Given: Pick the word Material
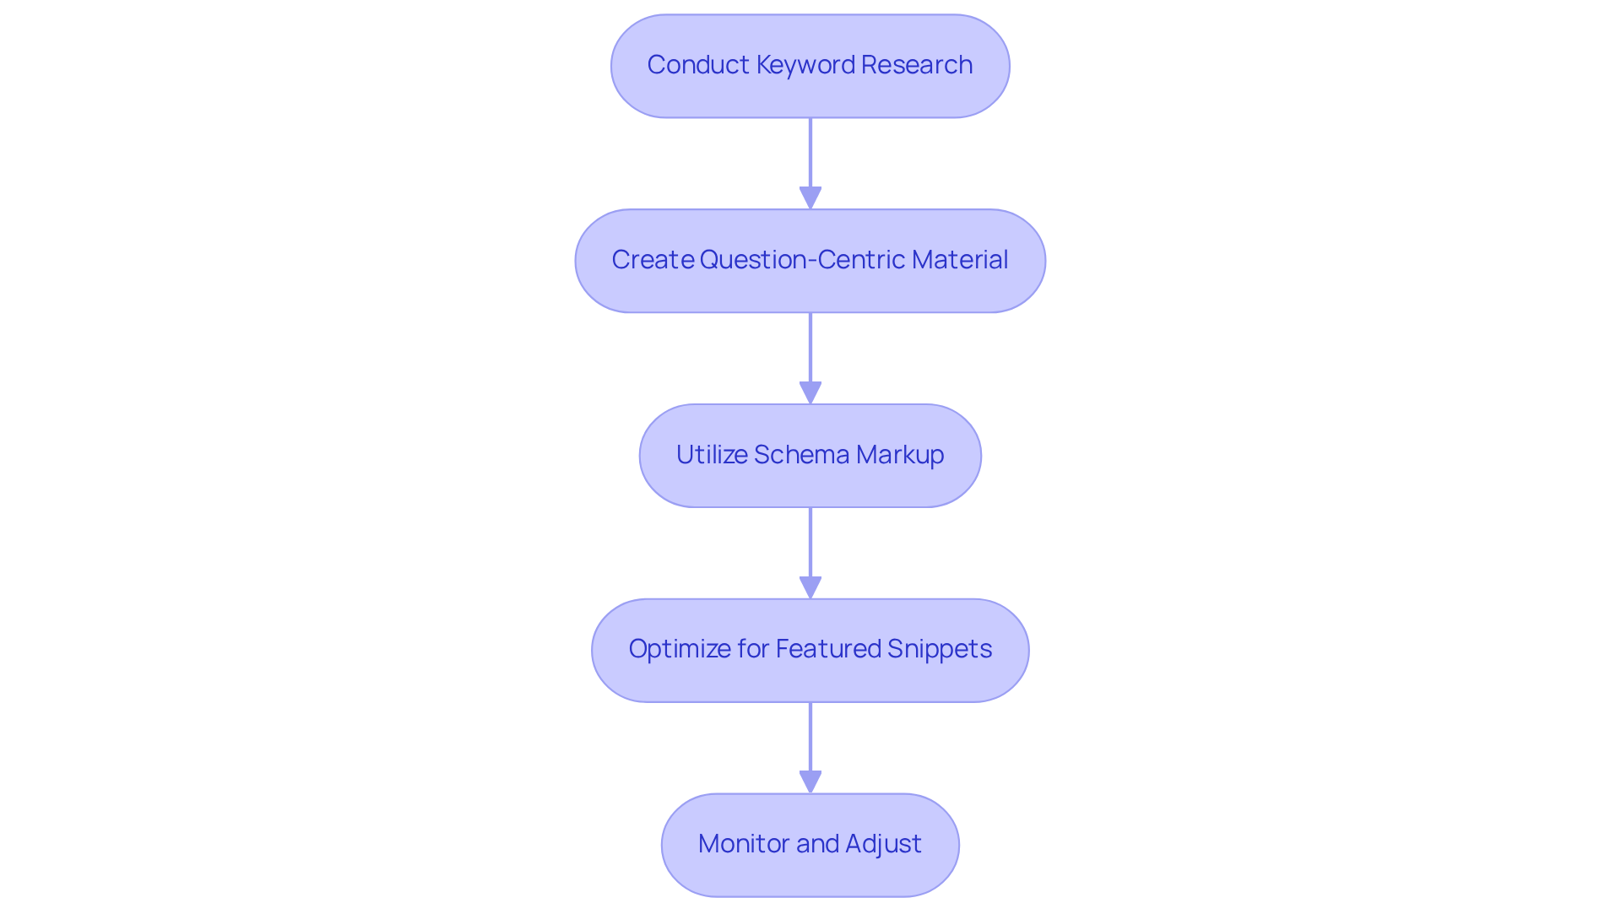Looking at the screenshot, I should [x=960, y=260].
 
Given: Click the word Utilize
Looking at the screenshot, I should [x=711, y=455].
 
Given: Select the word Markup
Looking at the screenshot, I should [x=900, y=455].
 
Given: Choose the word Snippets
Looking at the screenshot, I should [x=940, y=649].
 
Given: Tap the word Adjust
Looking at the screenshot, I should [x=883, y=844].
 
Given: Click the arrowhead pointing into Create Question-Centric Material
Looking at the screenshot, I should [x=810, y=197].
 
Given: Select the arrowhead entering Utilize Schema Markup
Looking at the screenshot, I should [x=810, y=392].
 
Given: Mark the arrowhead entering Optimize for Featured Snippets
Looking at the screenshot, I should [x=810, y=587].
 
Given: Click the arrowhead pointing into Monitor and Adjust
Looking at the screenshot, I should [x=810, y=781].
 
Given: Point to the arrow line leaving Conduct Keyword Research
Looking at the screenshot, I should [x=810, y=152].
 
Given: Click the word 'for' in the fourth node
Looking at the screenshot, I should [x=753, y=649].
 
